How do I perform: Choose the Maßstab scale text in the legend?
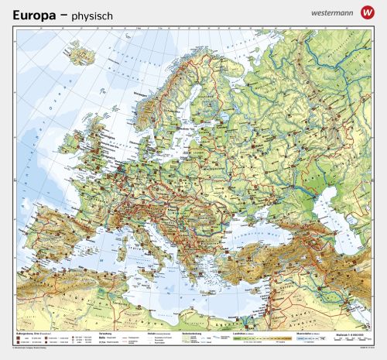pos(352,332)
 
